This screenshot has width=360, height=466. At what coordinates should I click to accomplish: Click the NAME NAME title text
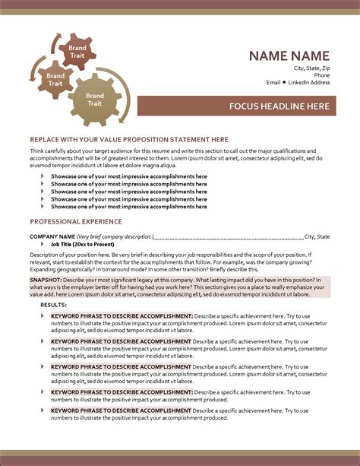point(290,55)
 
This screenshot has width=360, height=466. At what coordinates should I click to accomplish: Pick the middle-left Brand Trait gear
point(55,79)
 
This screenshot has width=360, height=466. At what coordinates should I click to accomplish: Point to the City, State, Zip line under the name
point(311,68)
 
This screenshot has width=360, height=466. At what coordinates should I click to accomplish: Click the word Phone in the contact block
point(322,75)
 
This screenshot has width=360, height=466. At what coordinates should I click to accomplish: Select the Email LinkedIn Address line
point(298,82)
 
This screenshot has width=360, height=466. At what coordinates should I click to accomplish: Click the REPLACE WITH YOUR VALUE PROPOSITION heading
point(118,140)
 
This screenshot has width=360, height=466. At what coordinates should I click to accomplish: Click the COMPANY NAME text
point(52,236)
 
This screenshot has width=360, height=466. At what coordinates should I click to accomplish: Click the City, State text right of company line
point(317,236)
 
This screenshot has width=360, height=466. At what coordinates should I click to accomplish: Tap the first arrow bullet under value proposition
point(42,176)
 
